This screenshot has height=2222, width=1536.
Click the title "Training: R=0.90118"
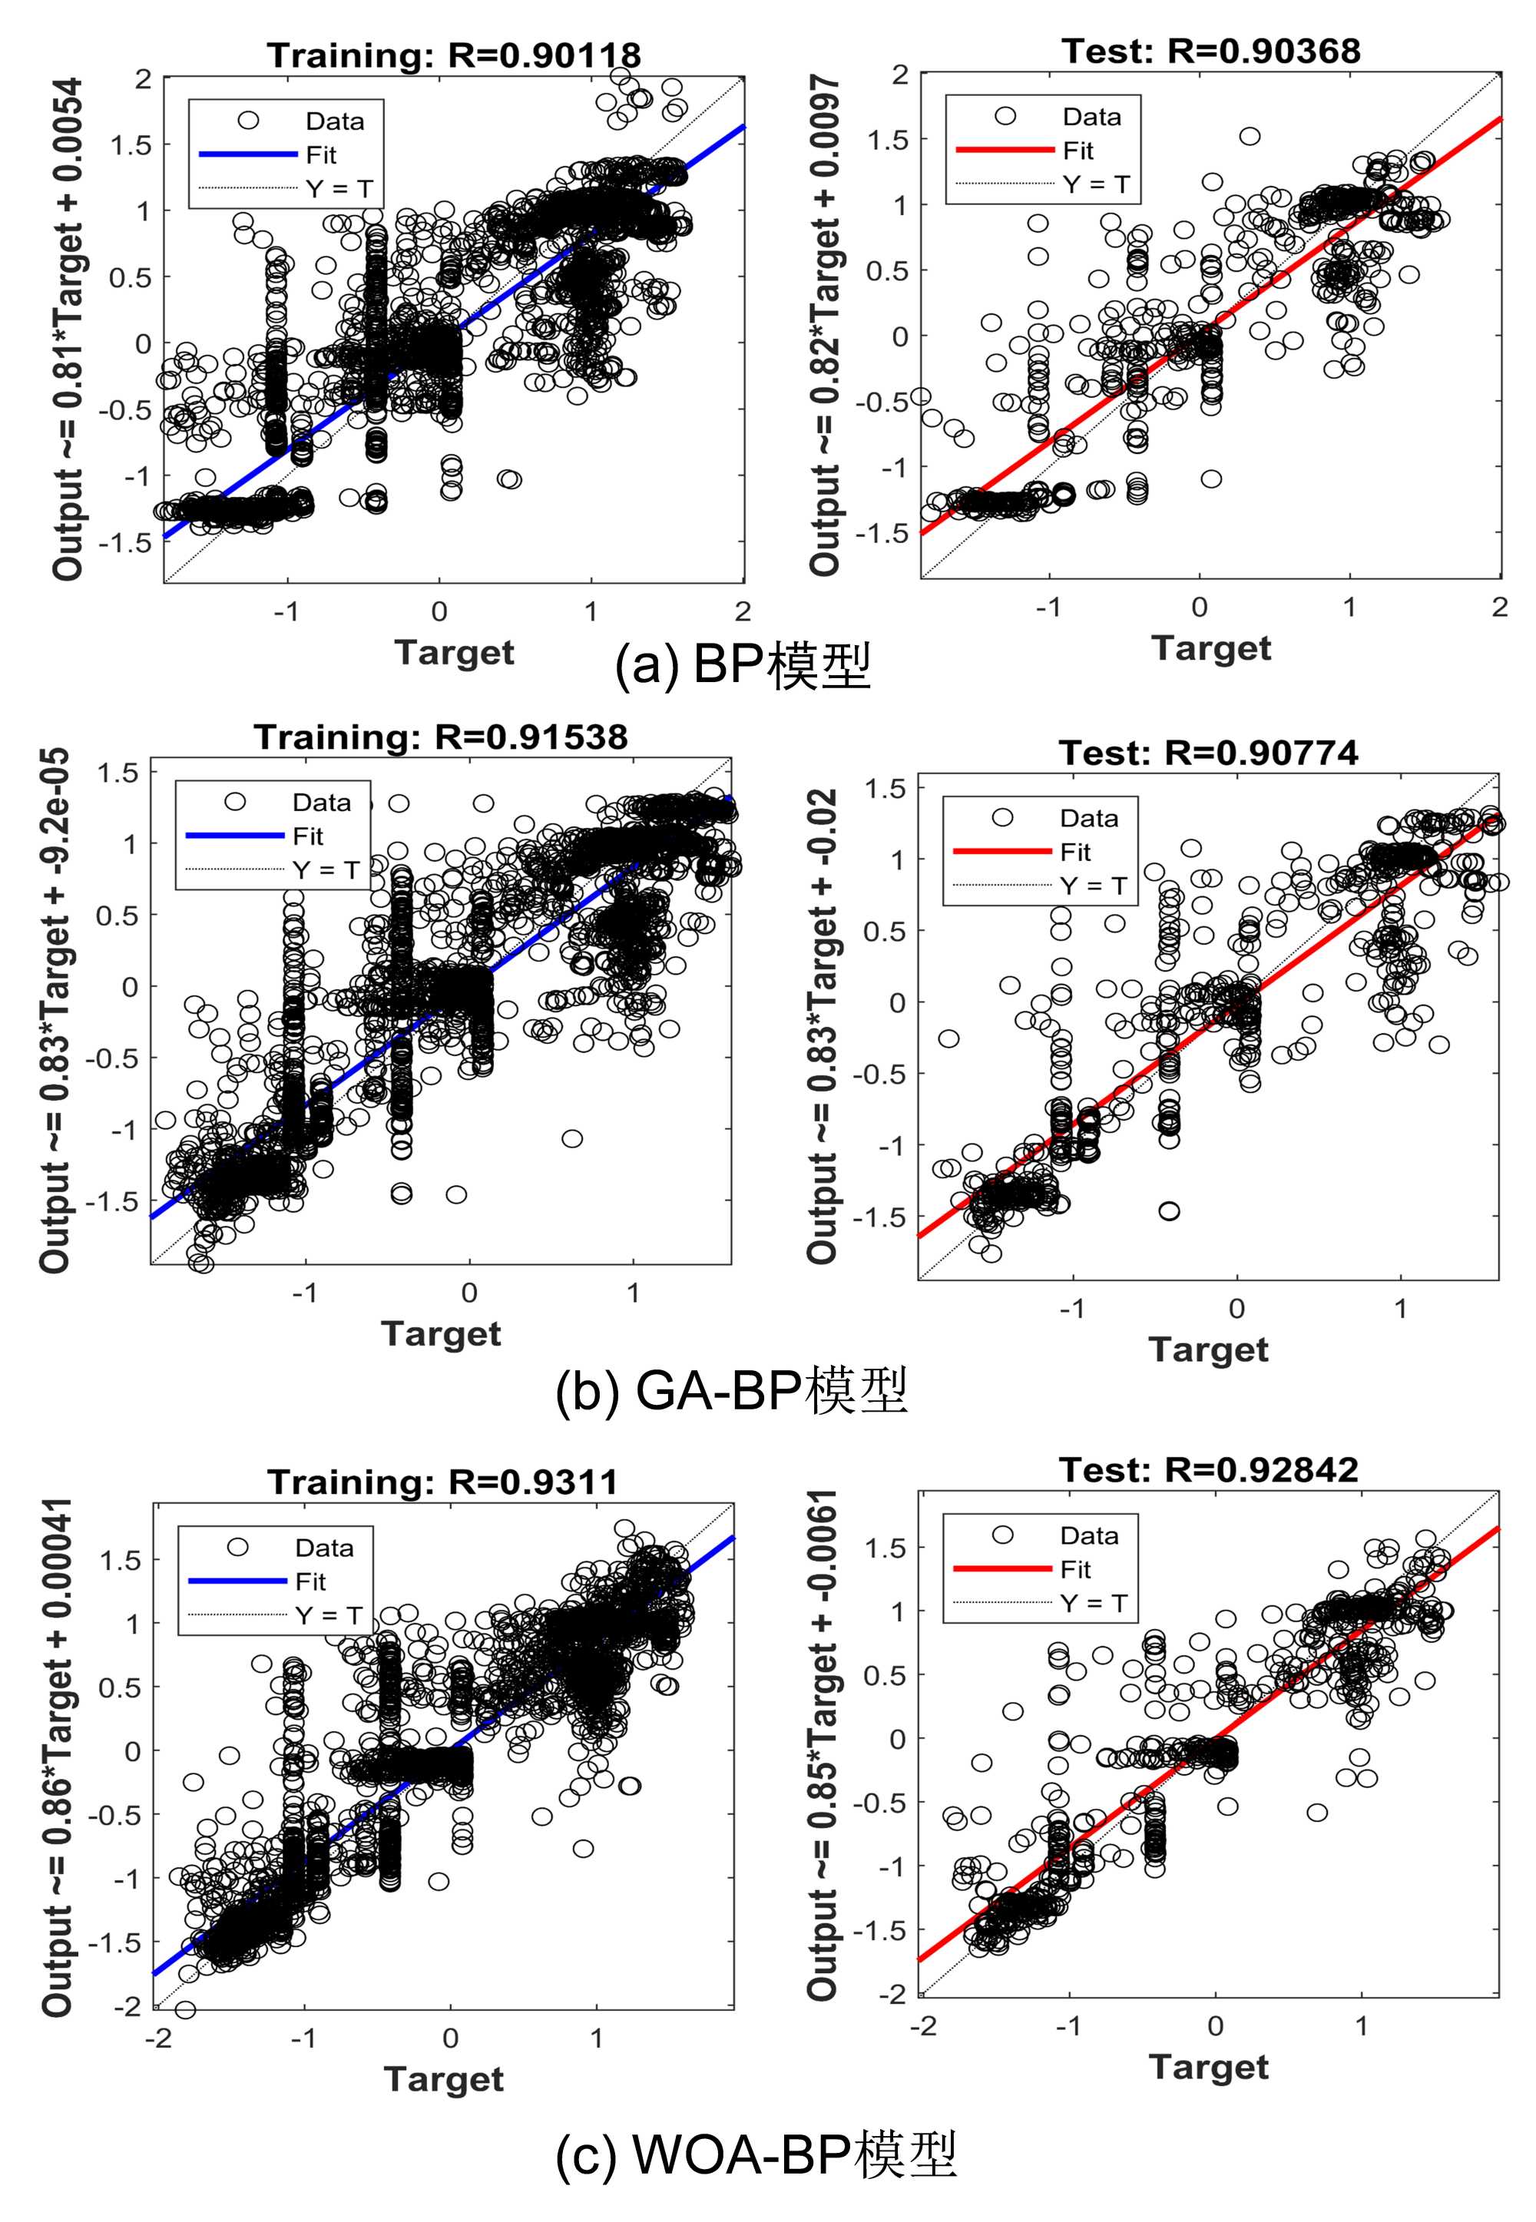click(453, 55)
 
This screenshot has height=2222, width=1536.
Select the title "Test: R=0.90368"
click(1210, 50)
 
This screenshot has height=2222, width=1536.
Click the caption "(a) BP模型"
click(742, 666)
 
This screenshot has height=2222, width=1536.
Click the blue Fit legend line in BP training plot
click(248, 154)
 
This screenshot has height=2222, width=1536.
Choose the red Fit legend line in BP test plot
click(1005, 150)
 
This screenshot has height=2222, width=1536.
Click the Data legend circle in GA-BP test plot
click(1003, 817)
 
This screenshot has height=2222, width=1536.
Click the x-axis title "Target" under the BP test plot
click(1210, 647)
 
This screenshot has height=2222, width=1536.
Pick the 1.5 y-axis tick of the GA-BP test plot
click(885, 788)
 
